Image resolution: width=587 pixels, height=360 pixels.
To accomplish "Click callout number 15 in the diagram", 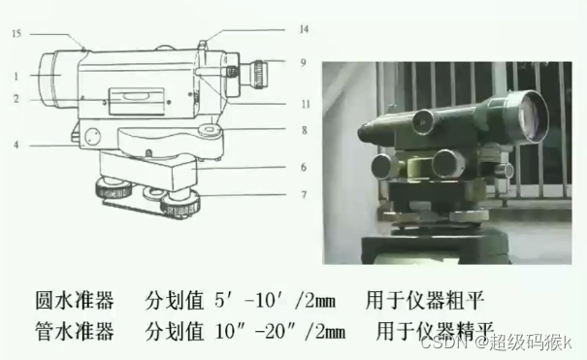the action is [16, 34].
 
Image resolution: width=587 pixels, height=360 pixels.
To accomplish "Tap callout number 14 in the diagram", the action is [304, 29].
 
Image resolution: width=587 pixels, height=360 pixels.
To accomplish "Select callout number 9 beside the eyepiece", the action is [304, 62].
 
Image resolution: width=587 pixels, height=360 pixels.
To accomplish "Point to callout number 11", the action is [306, 104].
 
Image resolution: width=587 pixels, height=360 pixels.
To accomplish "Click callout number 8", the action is [304, 130].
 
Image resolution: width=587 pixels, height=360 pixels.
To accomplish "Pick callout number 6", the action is [304, 167].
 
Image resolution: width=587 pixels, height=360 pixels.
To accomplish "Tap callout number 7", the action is [304, 195].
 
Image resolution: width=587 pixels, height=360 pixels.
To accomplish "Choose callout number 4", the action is [16, 145].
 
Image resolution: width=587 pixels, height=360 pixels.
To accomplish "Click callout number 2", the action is [16, 99].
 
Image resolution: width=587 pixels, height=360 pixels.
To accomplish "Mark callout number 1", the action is [16, 77].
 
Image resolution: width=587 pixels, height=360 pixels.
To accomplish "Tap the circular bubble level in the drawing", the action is [211, 130].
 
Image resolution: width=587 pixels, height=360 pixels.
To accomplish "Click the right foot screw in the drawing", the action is [180, 206].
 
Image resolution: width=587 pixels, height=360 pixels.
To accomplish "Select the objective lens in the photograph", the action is [532, 115].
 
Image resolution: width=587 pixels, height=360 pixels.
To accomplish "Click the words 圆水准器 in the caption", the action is [75, 301].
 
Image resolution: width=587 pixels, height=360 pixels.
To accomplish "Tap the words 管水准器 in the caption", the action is [75, 331].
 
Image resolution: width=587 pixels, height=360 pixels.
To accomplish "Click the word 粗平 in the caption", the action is [465, 301].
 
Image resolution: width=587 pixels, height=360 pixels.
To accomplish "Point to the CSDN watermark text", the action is [443, 343].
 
